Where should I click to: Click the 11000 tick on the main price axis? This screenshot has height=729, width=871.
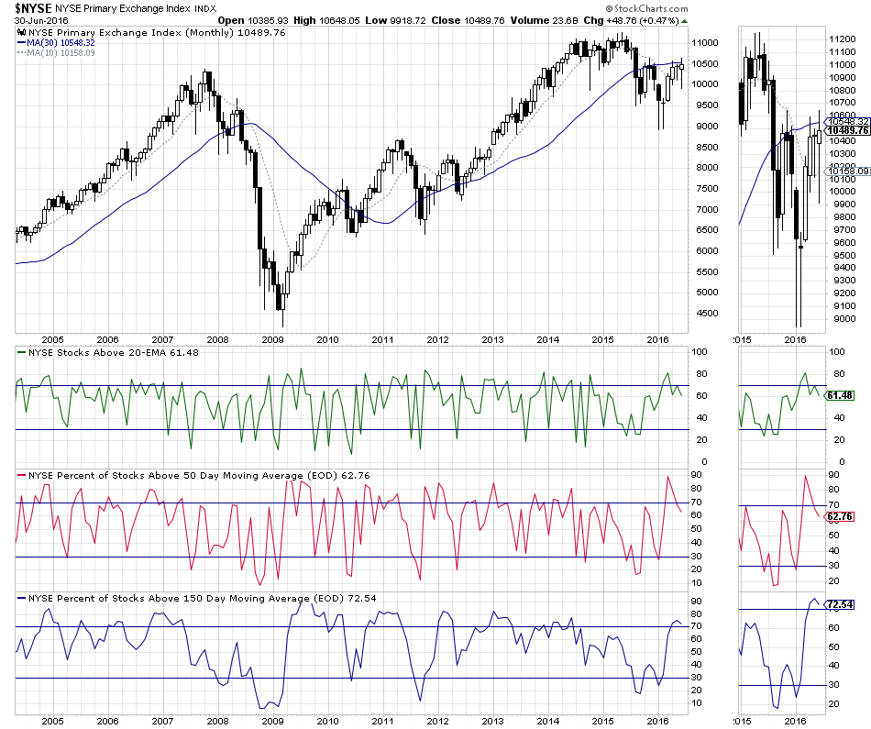click(704, 43)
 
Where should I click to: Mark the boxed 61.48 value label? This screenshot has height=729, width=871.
click(840, 395)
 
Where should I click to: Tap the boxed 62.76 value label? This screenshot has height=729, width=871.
click(840, 516)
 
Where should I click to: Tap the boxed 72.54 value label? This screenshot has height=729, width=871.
click(840, 605)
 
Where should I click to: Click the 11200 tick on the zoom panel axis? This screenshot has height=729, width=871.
click(842, 39)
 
